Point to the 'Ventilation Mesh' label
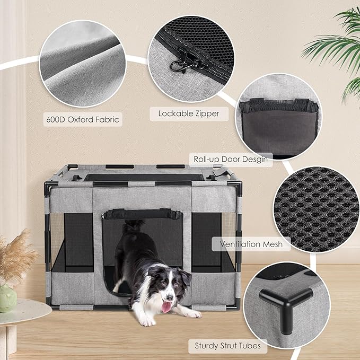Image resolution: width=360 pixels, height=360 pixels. tap(252, 244)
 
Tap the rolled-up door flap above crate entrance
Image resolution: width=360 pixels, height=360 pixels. tap(142, 214)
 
